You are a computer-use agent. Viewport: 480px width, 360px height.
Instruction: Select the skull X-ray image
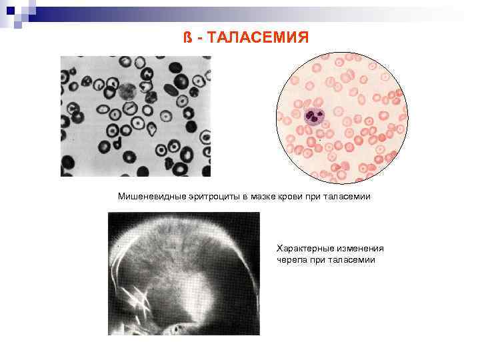click(183, 273)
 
